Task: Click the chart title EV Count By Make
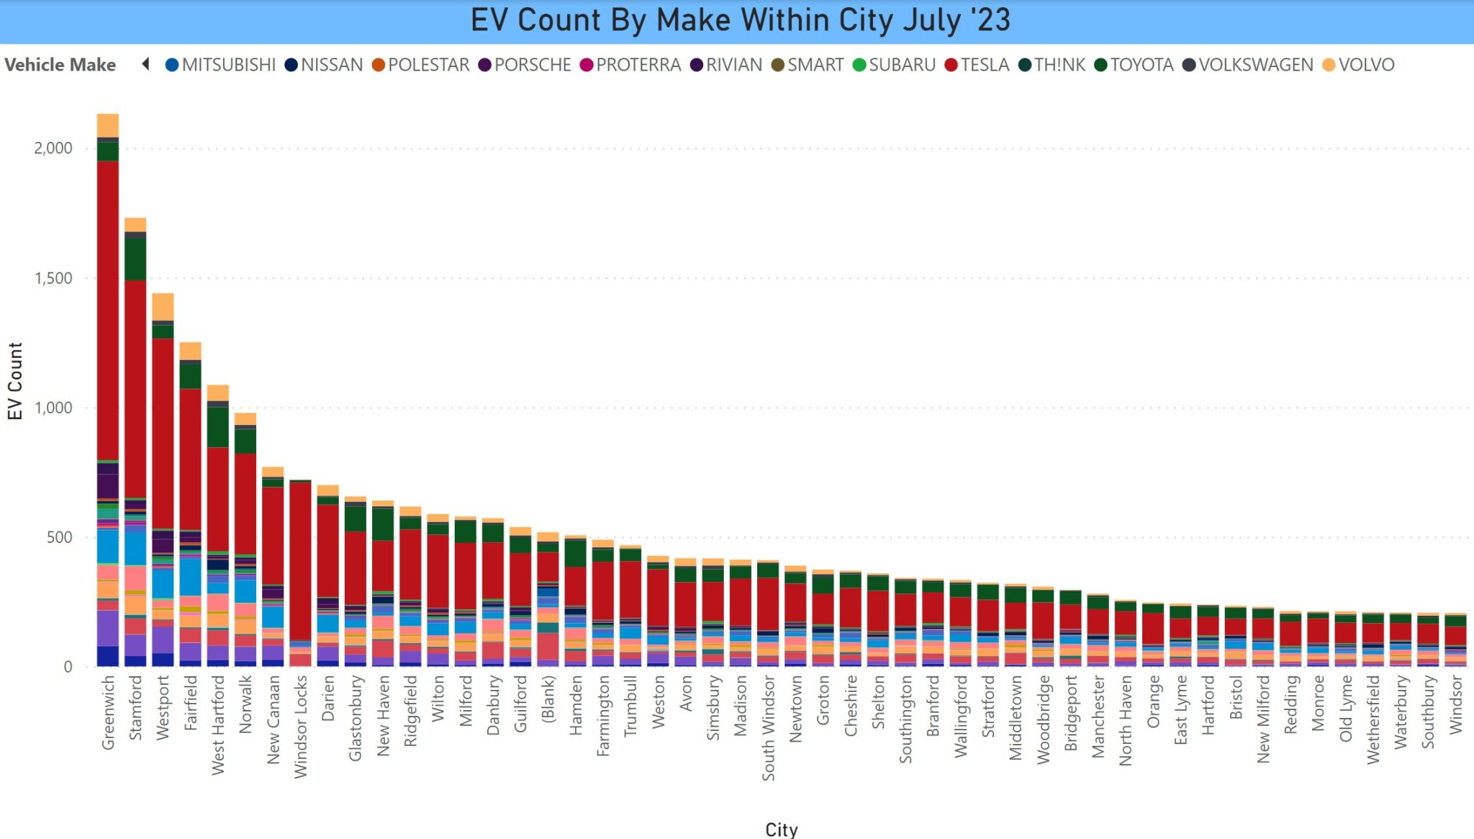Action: click(x=740, y=20)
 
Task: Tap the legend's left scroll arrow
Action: click(x=146, y=64)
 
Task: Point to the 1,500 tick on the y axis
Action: click(x=53, y=278)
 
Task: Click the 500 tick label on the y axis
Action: click(x=59, y=537)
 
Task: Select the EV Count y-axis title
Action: click(x=15, y=381)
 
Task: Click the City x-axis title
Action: click(x=781, y=830)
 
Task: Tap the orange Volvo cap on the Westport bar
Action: click(x=163, y=306)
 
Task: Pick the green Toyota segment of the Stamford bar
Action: click(x=135, y=259)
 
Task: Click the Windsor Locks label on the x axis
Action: click(x=300, y=726)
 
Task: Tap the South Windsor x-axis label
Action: click(x=768, y=727)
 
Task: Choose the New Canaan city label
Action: click(x=273, y=719)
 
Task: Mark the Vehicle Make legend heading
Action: click(x=60, y=65)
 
